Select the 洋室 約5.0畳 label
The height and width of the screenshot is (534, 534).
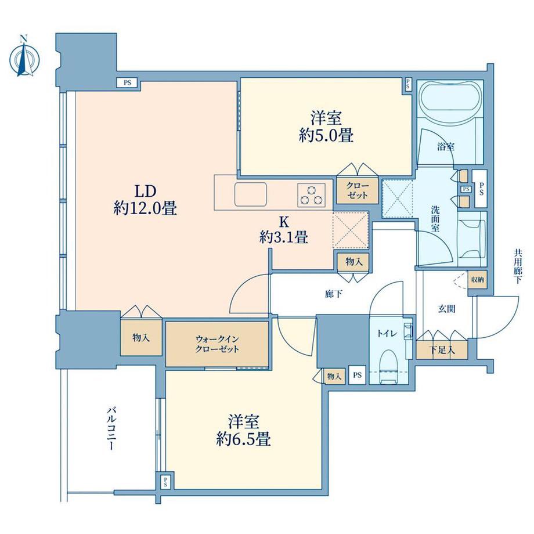click(x=326, y=127)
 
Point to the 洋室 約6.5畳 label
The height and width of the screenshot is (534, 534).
click(x=244, y=431)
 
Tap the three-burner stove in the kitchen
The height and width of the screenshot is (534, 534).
click(x=311, y=195)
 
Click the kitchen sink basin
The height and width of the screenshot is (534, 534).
click(x=250, y=194)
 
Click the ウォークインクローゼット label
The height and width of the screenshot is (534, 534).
click(x=217, y=344)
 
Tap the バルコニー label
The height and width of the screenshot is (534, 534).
click(x=110, y=428)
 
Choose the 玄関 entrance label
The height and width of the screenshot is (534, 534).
click(x=446, y=309)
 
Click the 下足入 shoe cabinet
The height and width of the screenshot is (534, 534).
click(x=442, y=349)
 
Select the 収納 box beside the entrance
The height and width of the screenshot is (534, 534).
click(x=478, y=280)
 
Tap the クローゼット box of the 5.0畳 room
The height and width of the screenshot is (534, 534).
click(x=357, y=190)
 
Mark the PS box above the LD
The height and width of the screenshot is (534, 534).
click(x=127, y=82)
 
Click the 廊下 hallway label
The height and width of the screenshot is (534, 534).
click(x=333, y=294)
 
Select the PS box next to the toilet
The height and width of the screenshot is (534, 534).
click(x=357, y=376)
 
